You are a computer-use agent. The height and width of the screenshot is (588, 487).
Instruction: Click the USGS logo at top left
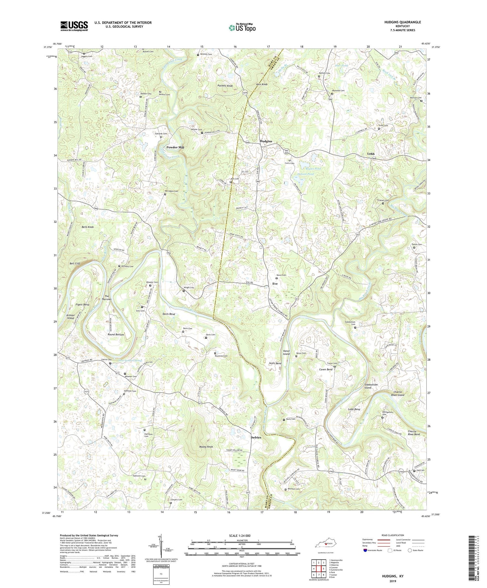click(x=74, y=26)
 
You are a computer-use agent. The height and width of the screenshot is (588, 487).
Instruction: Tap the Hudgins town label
click(x=266, y=141)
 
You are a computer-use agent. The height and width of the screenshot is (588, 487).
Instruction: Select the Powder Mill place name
click(x=175, y=147)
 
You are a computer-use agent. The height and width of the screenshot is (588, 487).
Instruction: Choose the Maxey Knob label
click(x=206, y=447)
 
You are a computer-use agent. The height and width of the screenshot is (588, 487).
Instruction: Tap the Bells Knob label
click(x=88, y=227)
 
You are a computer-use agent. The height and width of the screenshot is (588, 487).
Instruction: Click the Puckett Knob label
click(x=225, y=86)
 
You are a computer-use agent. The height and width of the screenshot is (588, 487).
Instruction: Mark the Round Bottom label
click(x=116, y=334)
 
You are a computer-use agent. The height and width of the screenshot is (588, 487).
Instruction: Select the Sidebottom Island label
click(x=371, y=386)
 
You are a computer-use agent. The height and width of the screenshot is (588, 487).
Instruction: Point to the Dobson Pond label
click(x=306, y=174)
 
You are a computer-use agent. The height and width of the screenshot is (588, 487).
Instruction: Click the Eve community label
click(x=275, y=284)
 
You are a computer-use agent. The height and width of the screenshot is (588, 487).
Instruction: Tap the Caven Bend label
click(x=326, y=370)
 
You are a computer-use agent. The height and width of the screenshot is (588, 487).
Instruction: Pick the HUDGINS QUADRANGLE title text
click(x=401, y=22)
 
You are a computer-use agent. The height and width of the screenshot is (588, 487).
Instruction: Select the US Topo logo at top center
click(x=242, y=28)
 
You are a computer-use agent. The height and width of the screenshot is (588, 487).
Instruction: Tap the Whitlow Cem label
click(x=206, y=54)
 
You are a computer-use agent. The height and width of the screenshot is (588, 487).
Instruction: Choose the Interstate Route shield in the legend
click(x=365, y=550)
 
